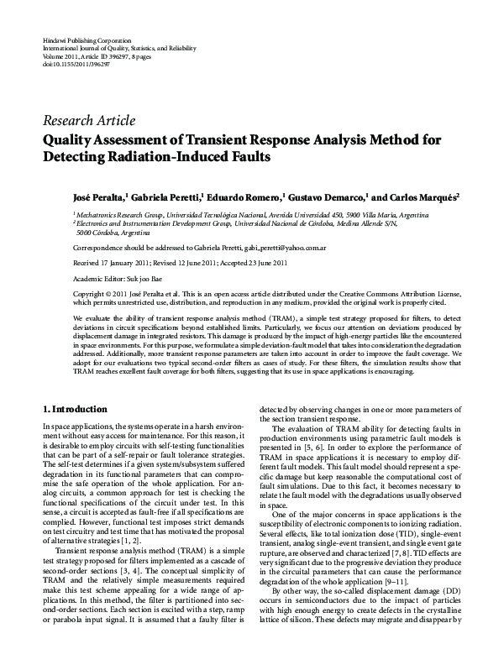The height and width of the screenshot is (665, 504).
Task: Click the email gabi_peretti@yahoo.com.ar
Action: click(x=282, y=249)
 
